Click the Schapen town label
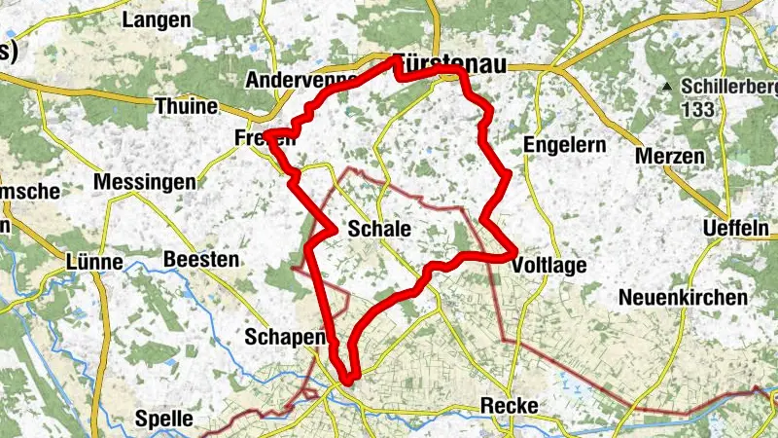click(x=284, y=336)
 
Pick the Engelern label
click(x=564, y=145)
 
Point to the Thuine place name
click(x=188, y=105)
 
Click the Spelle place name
click(x=165, y=420)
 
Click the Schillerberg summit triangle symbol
click(x=668, y=87)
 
